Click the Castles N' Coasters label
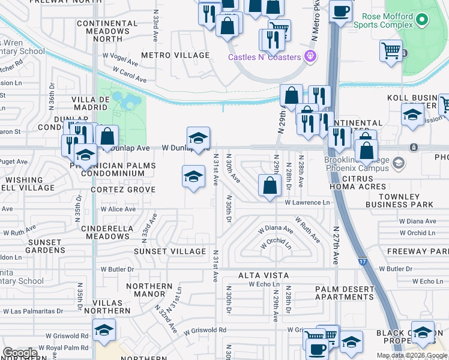pyautogui.click(x=264, y=57)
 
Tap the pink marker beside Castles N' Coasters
pyautogui.click(x=310, y=57)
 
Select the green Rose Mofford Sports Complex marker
pyautogui.click(x=423, y=20)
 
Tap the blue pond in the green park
pyautogui.click(x=130, y=102)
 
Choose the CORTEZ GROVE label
pyautogui.click(x=123, y=190)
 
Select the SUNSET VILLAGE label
pyautogui.click(x=170, y=251)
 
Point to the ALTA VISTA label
pyautogui.click(x=264, y=275)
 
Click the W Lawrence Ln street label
pyautogui.click(x=307, y=203)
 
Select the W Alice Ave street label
pyautogui.click(x=118, y=209)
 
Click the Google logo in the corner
pyautogui.click(x=20, y=353)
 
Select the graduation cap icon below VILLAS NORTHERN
pyautogui.click(x=104, y=330)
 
